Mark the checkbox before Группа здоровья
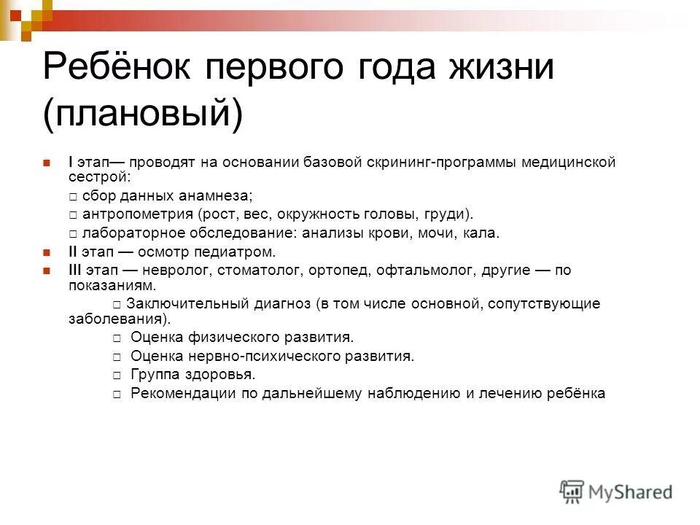coord(117,376)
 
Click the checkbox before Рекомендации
coord(117,394)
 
